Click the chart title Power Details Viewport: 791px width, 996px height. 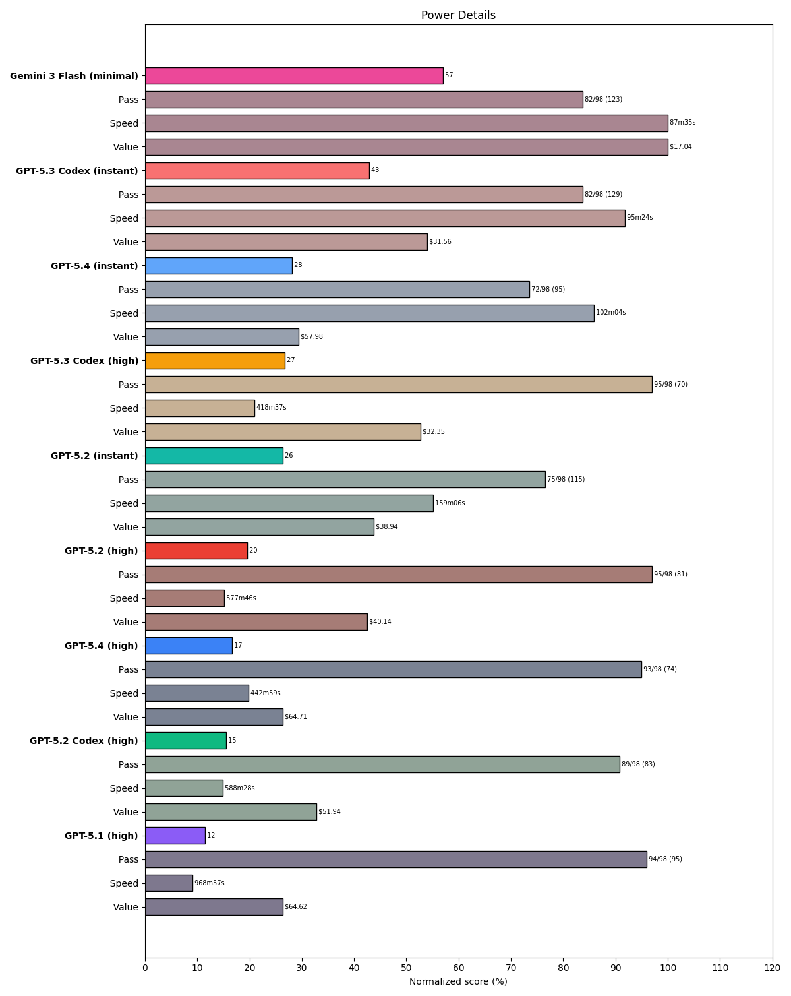click(x=458, y=15)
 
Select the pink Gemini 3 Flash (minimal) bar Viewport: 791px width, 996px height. click(x=294, y=76)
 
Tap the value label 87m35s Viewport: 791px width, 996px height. click(x=682, y=123)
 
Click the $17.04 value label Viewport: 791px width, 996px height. click(x=680, y=146)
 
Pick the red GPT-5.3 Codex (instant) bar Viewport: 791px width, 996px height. click(x=257, y=171)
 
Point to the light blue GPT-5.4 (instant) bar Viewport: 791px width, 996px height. click(x=218, y=266)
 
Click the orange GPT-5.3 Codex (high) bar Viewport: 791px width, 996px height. click(x=215, y=361)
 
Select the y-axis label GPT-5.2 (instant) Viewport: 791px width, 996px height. click(x=94, y=456)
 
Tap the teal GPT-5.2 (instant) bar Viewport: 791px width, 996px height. click(x=214, y=456)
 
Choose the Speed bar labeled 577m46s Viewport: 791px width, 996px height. click(x=185, y=598)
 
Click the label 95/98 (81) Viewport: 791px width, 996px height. click(x=670, y=575)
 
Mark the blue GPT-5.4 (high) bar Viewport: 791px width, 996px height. click(x=189, y=646)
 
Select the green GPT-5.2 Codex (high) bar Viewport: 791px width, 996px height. click(x=185, y=741)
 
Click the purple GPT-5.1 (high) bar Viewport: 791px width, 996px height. click(x=175, y=836)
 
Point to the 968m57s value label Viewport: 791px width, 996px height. click(x=209, y=883)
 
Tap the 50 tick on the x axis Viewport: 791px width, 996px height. click(x=406, y=968)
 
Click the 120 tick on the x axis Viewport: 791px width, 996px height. click(x=772, y=968)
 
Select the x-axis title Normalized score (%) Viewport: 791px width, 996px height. click(x=458, y=981)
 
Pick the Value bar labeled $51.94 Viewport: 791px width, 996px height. click(x=231, y=812)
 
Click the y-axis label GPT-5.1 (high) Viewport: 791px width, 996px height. click(x=101, y=836)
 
